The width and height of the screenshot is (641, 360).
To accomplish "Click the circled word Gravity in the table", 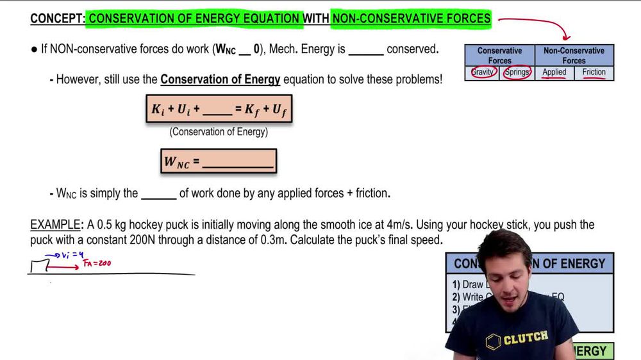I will tap(483, 72).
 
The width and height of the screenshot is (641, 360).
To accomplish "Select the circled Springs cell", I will tap(517, 72).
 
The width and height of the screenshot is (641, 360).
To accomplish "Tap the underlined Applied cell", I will tap(554, 72).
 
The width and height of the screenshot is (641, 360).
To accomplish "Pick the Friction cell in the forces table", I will tap(594, 72).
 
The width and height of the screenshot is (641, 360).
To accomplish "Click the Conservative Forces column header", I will tap(500, 55).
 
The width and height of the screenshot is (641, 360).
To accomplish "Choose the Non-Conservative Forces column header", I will tap(574, 55).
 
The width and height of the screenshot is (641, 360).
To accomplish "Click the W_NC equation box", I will tap(219, 161).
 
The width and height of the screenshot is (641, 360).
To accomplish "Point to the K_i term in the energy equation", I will tap(158, 110).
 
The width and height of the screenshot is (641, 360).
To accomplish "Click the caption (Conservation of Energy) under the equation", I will tap(219, 133).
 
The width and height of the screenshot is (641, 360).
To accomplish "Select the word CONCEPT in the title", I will tap(56, 19).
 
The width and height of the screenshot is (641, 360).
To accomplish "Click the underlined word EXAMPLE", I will tap(56, 225).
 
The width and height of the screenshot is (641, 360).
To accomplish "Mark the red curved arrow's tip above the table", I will tap(567, 40).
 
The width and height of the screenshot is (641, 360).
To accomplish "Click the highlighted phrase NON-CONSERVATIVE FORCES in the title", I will tap(411, 19).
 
